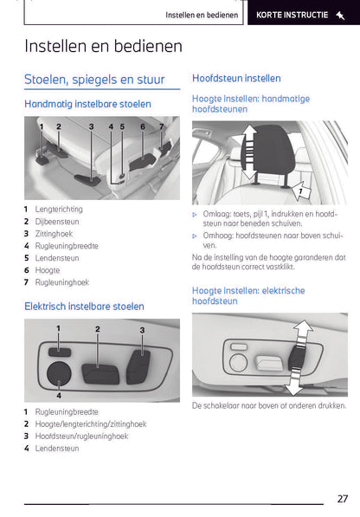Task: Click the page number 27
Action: [343, 498]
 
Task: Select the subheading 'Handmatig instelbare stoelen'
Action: [87, 104]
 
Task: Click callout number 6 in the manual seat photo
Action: [143, 127]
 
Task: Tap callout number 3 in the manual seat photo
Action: [91, 127]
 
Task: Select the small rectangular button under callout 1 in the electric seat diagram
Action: [59, 349]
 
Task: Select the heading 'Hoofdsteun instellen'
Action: [235, 78]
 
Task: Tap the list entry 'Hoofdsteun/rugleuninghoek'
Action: [82, 436]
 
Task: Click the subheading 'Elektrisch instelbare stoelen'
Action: [84, 307]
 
